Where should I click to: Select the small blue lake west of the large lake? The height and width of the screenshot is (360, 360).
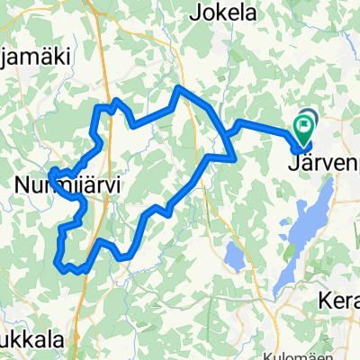pos(232,256)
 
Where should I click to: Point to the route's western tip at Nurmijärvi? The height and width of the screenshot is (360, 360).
pos(52,171)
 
